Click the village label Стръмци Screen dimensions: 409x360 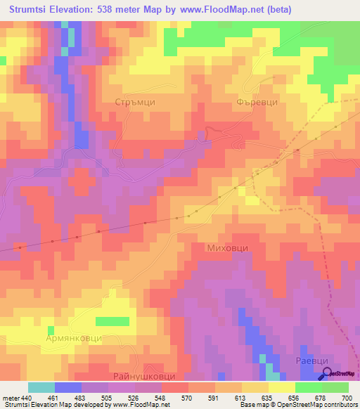(134, 102)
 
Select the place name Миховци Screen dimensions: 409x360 (227, 248)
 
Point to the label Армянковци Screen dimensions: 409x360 (75, 338)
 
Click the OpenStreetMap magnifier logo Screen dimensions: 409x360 (327, 374)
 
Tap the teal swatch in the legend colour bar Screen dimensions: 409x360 (41, 387)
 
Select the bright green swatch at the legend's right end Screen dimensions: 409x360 (335, 387)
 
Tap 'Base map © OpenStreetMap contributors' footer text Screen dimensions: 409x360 (298, 405)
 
